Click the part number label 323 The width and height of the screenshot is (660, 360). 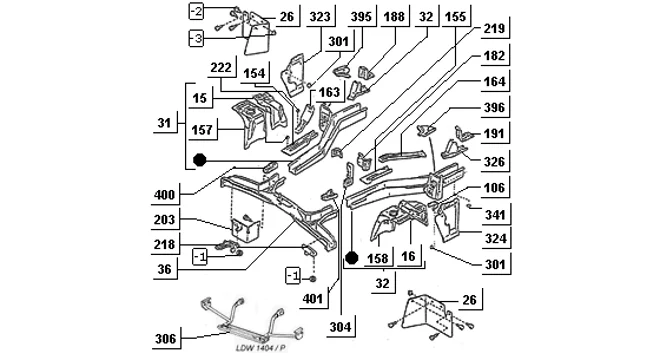[x=319, y=16]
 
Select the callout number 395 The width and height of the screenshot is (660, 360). [x=361, y=16]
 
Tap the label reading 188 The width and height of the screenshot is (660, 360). [x=394, y=16]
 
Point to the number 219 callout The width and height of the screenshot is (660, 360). [x=494, y=28]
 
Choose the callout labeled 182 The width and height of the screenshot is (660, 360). [x=494, y=56]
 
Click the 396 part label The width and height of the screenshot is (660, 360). [x=494, y=108]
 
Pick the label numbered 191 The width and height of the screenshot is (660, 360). [x=494, y=134]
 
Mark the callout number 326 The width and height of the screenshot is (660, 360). [x=494, y=162]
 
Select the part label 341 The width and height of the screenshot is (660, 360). [x=495, y=215]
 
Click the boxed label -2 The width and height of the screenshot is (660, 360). [x=196, y=11]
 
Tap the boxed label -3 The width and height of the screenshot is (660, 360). [x=196, y=39]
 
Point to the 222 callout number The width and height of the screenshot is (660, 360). [x=221, y=67]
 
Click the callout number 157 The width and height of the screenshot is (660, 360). [x=202, y=130]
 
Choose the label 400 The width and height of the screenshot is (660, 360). [x=164, y=195]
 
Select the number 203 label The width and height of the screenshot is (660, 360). [x=164, y=219]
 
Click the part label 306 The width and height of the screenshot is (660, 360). [x=165, y=339]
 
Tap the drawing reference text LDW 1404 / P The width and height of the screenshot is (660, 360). [x=261, y=348]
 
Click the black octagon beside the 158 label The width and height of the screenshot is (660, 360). [x=351, y=257]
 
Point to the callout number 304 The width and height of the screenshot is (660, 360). [x=340, y=327]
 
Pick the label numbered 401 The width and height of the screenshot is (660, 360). [x=312, y=299]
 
